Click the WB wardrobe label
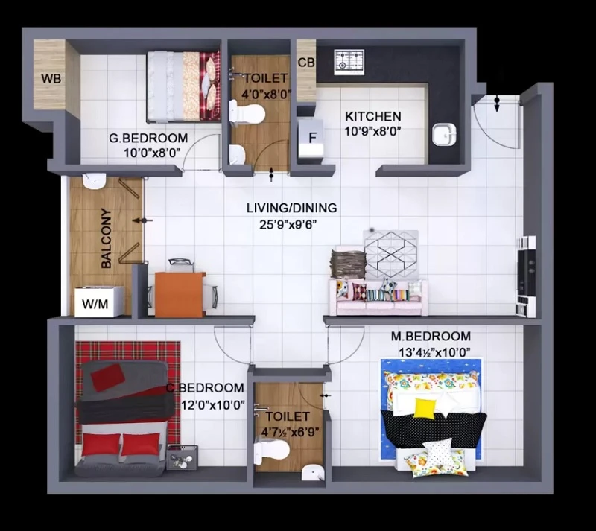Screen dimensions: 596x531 (51, 79)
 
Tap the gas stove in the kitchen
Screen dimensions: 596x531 (349, 62)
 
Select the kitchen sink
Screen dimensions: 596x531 (443, 134)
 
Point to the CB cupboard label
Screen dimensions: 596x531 (306, 63)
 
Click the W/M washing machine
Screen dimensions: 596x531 (99, 302)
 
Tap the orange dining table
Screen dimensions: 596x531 (180, 295)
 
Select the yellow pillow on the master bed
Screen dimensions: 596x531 (424, 408)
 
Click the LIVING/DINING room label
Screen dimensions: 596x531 (291, 208)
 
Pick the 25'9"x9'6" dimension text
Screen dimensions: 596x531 (288, 225)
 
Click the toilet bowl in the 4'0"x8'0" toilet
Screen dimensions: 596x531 (247, 113)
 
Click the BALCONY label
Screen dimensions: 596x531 (107, 238)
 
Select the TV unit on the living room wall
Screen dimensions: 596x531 (526, 276)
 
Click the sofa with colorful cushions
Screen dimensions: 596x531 (378, 297)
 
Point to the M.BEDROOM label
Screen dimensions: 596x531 (431, 337)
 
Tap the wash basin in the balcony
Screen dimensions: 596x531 (94, 181)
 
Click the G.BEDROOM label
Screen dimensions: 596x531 (148, 138)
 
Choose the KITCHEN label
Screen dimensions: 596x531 (373, 116)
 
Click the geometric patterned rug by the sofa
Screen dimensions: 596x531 (390, 255)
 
